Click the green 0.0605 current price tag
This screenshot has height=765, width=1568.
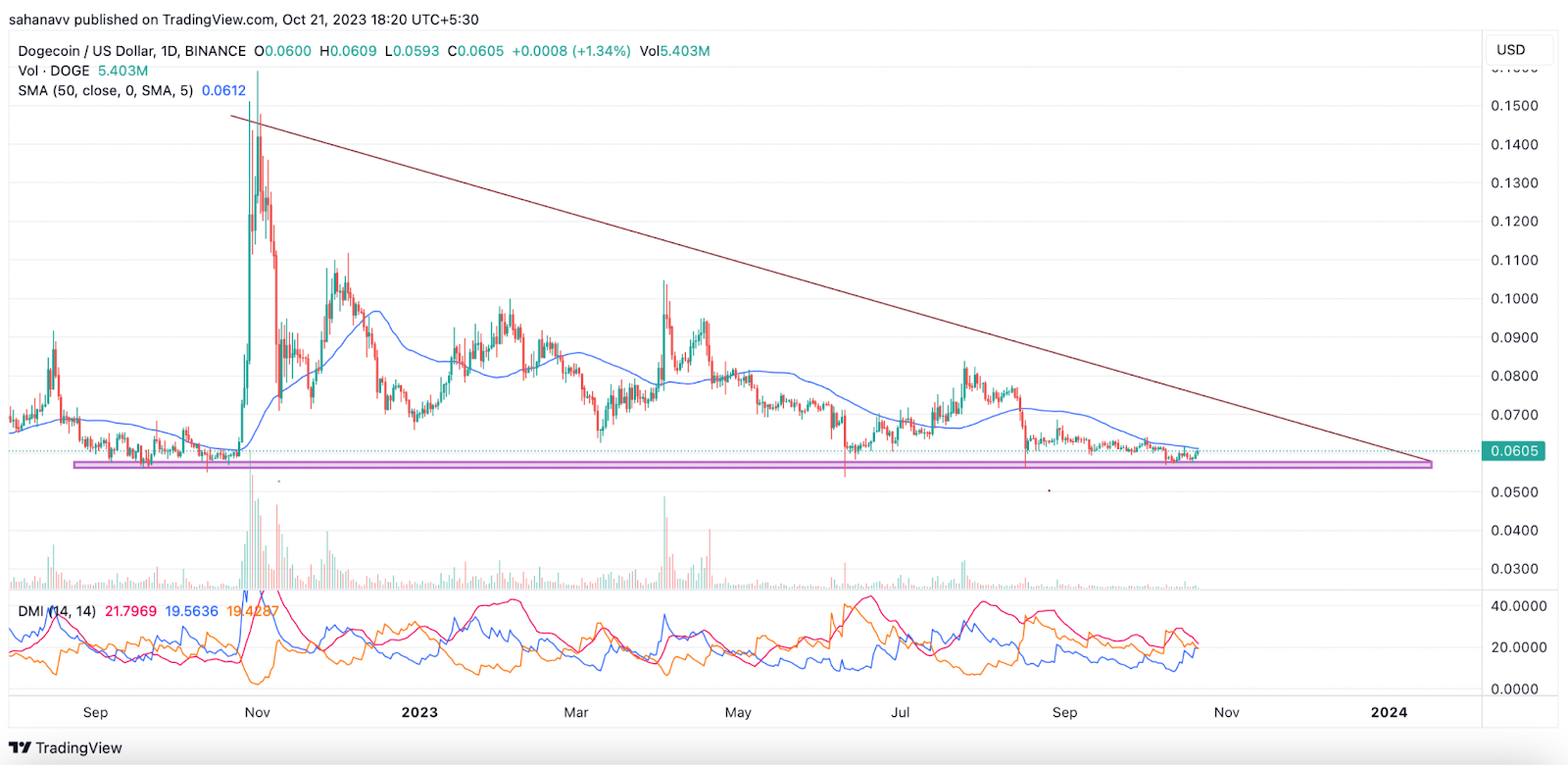(1514, 451)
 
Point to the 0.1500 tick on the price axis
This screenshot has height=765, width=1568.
(1514, 106)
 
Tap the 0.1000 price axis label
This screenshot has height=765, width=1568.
(1514, 299)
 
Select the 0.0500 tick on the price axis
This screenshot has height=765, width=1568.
(1514, 492)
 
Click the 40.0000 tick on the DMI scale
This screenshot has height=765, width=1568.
(1518, 606)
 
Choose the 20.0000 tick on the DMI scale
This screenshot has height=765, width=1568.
(1518, 647)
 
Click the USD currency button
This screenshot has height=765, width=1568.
(1510, 50)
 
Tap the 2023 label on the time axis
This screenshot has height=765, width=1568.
(419, 713)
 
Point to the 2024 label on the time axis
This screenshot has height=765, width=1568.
(1389, 713)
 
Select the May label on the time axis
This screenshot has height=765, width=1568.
(738, 713)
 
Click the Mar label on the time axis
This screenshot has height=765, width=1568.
(576, 713)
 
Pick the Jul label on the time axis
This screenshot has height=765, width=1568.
(900, 713)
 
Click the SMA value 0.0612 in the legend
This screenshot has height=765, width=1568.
(223, 91)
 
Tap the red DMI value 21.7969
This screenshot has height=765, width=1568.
(130, 612)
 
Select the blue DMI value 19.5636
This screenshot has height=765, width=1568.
(191, 612)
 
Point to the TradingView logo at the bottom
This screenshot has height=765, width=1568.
(66, 748)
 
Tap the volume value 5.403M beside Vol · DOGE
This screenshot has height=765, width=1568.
(122, 72)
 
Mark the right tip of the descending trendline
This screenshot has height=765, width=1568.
(1431, 461)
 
